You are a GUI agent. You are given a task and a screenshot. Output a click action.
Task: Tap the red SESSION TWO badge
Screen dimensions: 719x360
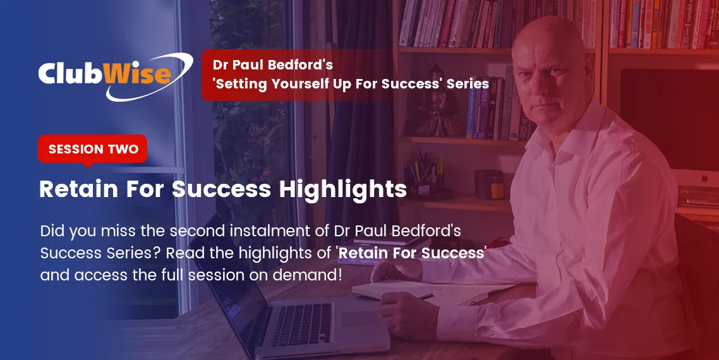93,149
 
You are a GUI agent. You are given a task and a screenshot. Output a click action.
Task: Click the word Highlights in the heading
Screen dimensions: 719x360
342,189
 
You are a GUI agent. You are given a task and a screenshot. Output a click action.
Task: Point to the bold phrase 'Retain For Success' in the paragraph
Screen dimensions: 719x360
411,253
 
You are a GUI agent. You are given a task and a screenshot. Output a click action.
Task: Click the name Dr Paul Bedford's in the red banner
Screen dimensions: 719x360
273,64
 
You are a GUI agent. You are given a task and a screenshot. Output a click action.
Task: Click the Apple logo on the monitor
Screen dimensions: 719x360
704,177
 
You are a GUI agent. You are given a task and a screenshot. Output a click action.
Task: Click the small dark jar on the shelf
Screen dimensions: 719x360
489,184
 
